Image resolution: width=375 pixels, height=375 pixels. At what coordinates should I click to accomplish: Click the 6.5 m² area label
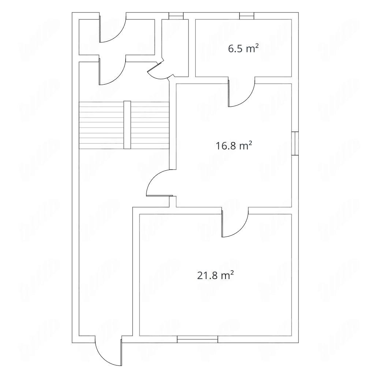pos(243,49)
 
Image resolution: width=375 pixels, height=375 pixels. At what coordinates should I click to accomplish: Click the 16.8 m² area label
pos(234,145)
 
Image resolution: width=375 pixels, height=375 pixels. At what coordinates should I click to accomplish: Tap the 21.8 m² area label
pos(215,275)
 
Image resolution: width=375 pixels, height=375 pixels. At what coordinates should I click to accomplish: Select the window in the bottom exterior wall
pos(197,339)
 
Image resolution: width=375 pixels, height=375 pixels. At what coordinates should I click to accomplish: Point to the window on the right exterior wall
pos(295,144)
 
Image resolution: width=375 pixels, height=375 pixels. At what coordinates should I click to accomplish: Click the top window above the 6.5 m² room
pos(247,16)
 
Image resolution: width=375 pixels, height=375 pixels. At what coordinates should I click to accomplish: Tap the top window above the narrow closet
pos(176,16)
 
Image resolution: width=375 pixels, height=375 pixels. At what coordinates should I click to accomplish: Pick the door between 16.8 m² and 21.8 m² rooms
pos(235,222)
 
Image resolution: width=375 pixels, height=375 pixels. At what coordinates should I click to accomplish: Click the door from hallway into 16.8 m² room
pos(160,183)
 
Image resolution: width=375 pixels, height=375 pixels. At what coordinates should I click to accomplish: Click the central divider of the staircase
pos(127,125)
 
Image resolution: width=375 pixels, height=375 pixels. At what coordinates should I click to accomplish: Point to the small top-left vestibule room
pos(117,37)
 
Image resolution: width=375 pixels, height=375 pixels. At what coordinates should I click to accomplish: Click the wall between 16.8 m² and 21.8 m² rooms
pos(234,211)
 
